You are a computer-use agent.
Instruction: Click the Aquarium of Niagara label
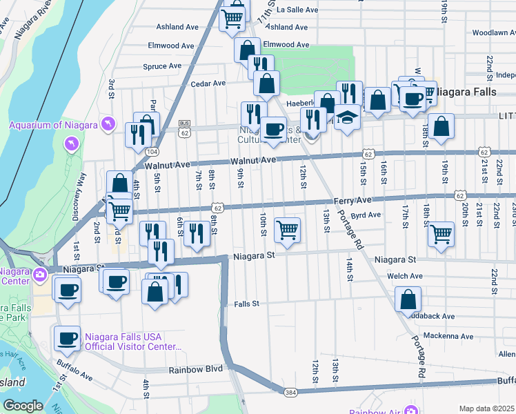point(54,124)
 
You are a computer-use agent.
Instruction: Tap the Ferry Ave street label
point(353,199)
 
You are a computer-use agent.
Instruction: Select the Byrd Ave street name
point(366,215)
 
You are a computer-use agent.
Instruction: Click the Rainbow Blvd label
point(196,369)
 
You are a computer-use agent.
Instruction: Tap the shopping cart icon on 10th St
point(287,230)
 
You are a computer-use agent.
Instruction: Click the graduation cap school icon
point(348,117)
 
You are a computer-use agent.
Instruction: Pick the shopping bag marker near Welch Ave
point(408,299)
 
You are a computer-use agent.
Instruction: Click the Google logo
point(23,406)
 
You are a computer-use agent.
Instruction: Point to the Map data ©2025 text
point(487,408)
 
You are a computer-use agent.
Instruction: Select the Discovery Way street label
point(81,193)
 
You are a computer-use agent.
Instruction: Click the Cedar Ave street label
point(208,83)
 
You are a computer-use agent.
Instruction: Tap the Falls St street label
point(246,304)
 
